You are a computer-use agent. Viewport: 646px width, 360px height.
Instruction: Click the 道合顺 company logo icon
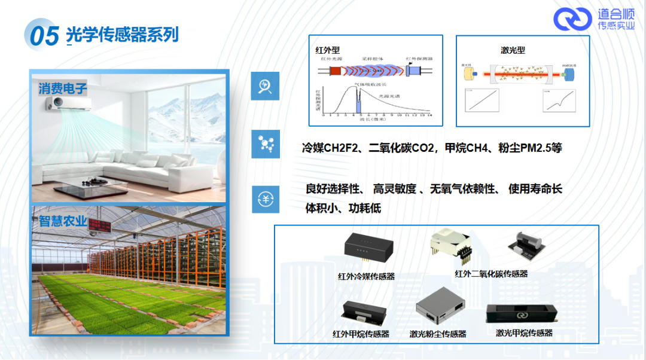572,19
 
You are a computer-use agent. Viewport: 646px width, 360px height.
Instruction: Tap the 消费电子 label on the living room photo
63,89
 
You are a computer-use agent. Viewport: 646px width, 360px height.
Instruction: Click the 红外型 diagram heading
328,50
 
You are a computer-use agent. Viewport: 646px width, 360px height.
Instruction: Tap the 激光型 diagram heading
513,50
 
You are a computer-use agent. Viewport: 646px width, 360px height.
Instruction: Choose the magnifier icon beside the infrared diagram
265,87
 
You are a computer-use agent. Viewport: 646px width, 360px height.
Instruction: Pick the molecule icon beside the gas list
265,144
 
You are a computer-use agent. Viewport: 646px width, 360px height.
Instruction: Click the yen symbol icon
265,199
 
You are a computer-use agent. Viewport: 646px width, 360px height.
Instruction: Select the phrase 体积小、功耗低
343,209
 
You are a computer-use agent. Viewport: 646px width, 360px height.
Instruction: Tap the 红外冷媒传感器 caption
366,277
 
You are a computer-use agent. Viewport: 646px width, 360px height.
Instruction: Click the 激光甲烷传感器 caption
524,333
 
